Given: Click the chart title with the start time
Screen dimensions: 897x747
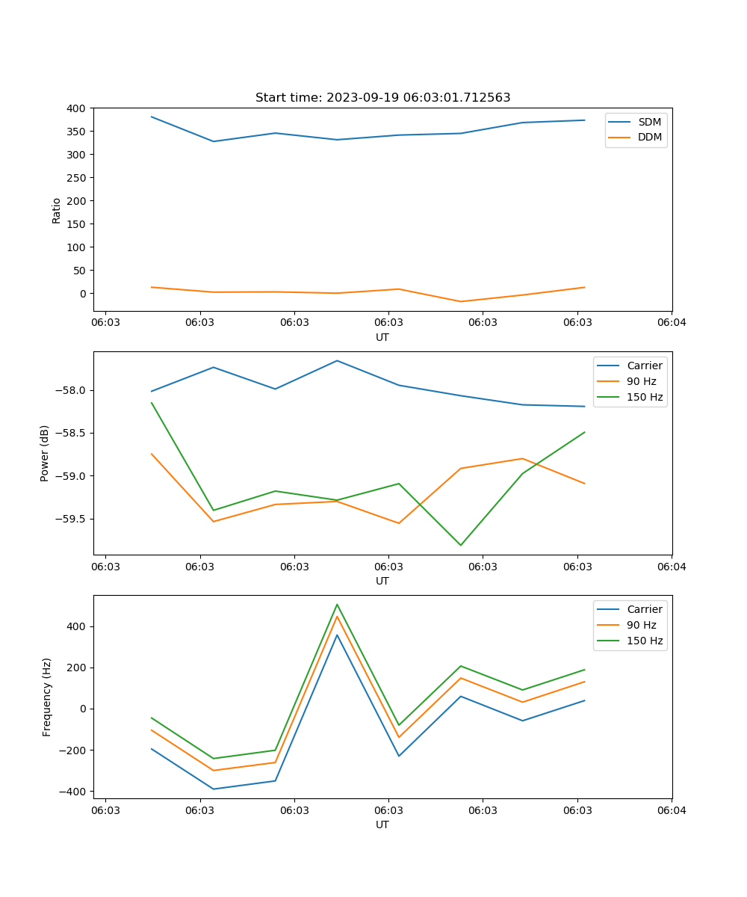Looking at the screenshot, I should [382, 98].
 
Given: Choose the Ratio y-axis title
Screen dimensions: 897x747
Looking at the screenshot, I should [57, 209].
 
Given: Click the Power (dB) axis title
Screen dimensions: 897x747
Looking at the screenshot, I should [45, 453].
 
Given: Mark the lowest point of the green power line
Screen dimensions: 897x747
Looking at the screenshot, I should [460, 545].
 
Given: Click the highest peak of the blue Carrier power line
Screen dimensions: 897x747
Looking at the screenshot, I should [337, 360].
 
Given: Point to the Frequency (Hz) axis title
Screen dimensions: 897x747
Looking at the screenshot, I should [47, 697].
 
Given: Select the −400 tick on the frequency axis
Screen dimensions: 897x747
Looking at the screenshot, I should [75, 792].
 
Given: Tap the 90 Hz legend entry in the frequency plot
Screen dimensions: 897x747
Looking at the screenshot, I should [641, 625].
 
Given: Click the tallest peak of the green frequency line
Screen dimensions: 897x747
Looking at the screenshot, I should [337, 604].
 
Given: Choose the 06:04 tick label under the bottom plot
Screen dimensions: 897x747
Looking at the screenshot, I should [671, 810].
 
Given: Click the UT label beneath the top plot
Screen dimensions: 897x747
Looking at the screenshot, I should [382, 337].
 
